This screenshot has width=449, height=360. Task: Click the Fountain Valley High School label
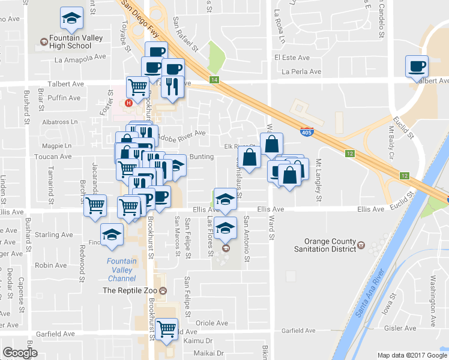76,41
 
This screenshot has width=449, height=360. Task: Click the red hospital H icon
127,103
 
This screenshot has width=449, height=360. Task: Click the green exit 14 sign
214,79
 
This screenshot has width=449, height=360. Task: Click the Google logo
20,352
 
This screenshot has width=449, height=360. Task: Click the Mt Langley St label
318,179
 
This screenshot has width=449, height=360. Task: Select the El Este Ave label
291,58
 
